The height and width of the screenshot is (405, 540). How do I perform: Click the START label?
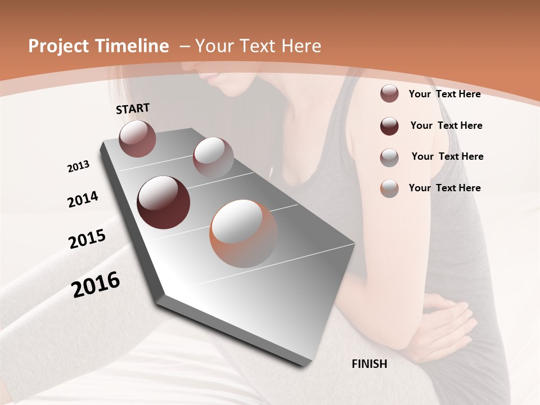pos(133,108)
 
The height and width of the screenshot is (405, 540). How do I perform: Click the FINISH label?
pos(369,364)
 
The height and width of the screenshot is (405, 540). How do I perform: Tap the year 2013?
pos(78,166)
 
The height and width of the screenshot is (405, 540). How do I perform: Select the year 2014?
pos(83,200)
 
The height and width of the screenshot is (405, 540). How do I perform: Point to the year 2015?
pos(87,240)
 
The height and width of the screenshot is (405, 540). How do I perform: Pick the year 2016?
pos(96,285)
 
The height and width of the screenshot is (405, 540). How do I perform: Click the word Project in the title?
pos(58,46)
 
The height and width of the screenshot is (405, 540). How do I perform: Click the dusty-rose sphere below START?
pos(137,138)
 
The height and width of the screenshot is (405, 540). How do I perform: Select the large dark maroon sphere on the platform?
pos(163,202)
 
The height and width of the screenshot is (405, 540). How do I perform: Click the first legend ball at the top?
pos(389,94)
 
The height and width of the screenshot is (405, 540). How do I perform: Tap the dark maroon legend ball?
pos(389,126)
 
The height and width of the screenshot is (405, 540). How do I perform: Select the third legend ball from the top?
pos(389,157)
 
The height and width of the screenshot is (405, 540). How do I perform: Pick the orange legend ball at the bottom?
pos(389,188)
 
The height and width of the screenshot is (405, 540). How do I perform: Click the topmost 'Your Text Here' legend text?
pos(444,94)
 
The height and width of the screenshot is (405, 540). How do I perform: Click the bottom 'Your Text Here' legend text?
pos(444,188)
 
